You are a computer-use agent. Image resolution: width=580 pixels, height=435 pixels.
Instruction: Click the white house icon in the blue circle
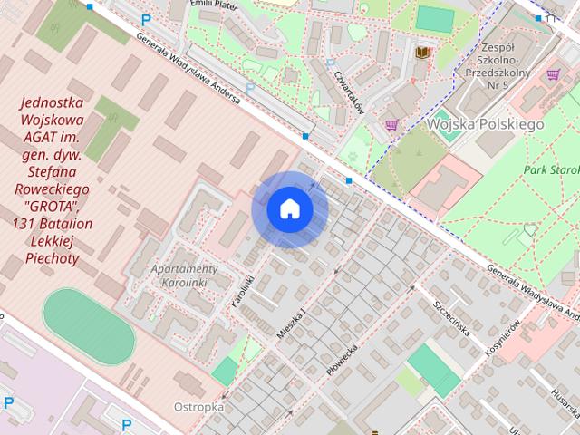coord(290,209)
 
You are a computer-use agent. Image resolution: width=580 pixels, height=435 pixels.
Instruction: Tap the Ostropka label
coord(199,407)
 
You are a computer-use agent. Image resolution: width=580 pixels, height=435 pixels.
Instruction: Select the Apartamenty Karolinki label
coord(184,275)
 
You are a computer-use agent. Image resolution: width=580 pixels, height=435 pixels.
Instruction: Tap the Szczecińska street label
coord(451,318)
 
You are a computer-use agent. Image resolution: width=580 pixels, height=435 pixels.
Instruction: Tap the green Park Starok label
coord(549,170)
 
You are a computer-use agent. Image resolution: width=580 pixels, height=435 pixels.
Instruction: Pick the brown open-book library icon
coord(421,54)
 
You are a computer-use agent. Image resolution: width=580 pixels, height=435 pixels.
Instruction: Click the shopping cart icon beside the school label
coord(553,73)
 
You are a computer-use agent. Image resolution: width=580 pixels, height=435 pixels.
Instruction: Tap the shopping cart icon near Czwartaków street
coord(391,125)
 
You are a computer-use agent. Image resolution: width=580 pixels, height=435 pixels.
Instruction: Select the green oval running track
coord(89,326)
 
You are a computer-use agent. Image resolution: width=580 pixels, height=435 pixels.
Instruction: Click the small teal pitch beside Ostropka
coord(224,371)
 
